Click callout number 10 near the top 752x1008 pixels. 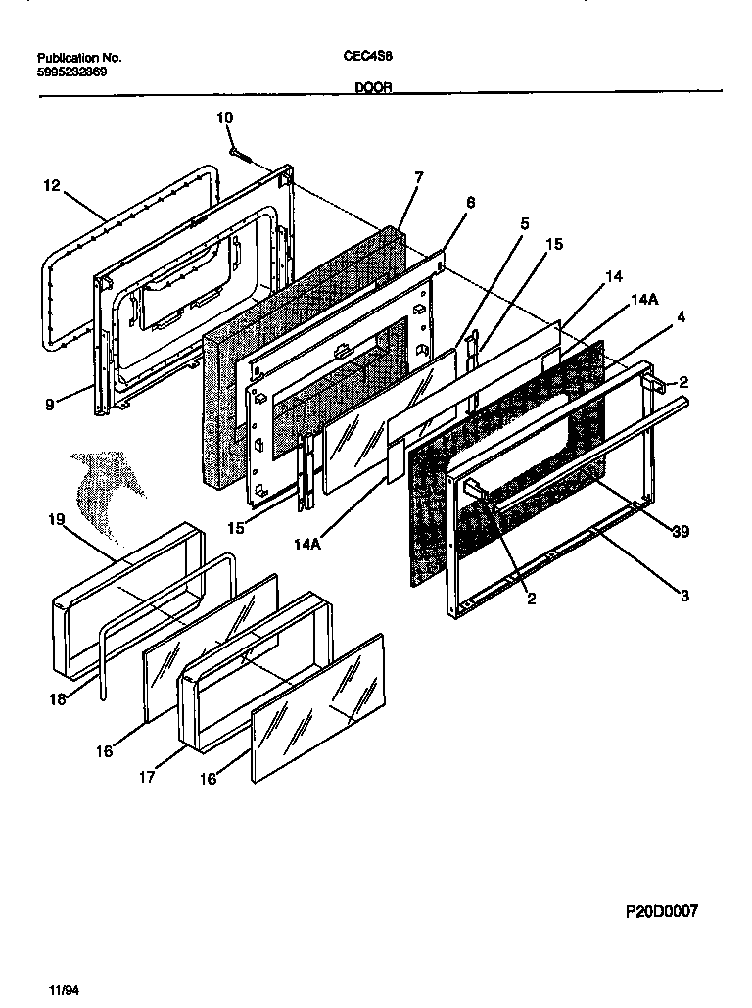point(224,118)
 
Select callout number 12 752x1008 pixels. point(52,184)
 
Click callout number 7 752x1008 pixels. point(418,176)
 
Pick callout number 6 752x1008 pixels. point(470,202)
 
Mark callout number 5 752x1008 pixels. point(524,223)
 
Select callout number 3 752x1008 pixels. point(684,596)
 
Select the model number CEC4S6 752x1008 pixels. point(368,57)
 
